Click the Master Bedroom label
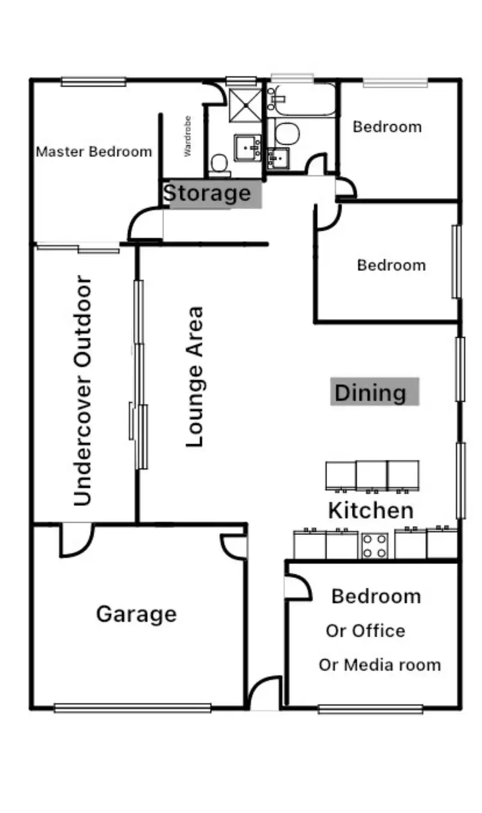tap(94, 152)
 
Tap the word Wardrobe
tap(188, 136)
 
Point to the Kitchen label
tap(371, 511)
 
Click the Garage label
tap(136, 614)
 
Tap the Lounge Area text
tap(195, 376)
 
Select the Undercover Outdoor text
tap(84, 390)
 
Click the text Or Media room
tap(380, 665)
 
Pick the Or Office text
tap(365, 631)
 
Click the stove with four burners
tap(375, 546)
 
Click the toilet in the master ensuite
tap(220, 165)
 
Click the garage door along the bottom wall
tap(132, 708)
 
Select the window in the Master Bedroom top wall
tap(93, 82)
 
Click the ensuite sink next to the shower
tap(247, 146)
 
